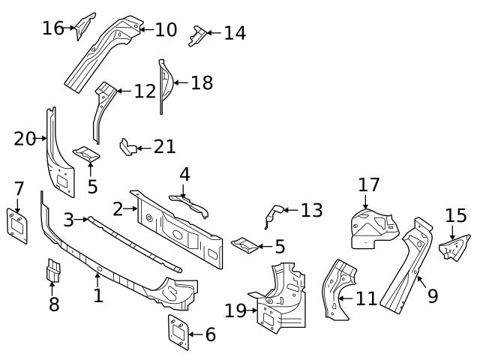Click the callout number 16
(53, 28)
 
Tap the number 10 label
(166, 30)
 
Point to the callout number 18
(202, 82)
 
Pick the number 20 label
(25, 139)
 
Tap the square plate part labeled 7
(17, 223)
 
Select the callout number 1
(98, 295)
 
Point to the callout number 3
(69, 220)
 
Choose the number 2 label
(118, 208)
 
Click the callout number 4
(184, 175)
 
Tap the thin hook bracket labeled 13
(271, 214)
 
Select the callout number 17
(369, 184)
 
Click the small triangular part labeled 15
(454, 247)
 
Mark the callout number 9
(432, 296)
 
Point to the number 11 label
(366, 299)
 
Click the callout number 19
(235, 310)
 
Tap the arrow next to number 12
(122, 91)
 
